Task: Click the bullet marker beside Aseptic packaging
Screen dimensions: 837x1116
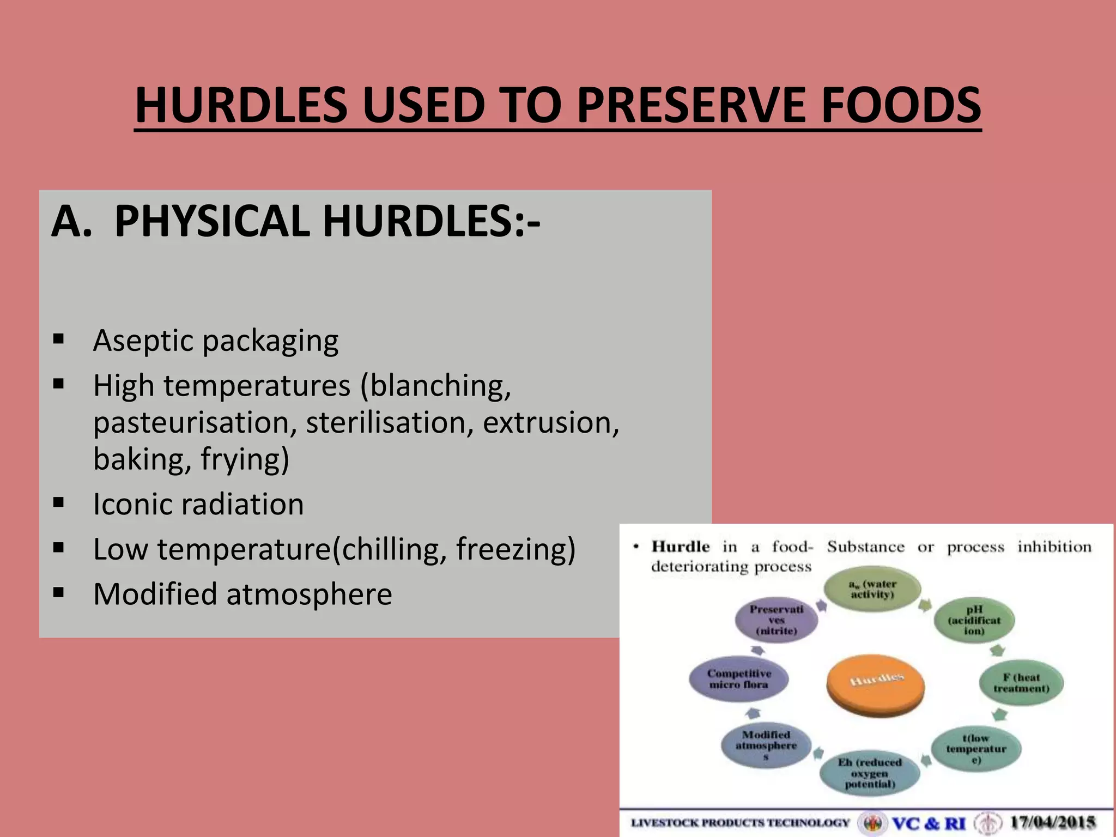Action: click(59, 340)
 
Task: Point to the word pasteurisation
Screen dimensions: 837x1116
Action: click(195, 423)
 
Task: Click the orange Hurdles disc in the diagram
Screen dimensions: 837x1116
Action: click(875, 684)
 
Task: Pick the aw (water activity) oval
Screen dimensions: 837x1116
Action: click(872, 589)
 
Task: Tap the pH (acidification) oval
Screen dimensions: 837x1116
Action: click(974, 620)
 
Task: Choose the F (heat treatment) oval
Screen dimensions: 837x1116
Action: click(1021, 683)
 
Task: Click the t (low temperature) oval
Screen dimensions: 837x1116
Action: click(975, 749)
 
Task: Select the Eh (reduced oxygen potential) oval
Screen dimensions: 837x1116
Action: click(870, 773)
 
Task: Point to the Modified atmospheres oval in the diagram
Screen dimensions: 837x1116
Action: click(766, 745)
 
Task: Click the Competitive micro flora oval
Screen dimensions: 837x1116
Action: click(738, 679)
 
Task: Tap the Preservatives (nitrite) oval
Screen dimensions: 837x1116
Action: click(776, 620)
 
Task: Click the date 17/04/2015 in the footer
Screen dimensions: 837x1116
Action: click(1053, 822)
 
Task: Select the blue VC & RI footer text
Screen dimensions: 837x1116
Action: click(928, 822)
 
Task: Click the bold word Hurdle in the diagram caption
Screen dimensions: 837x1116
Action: click(681, 547)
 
